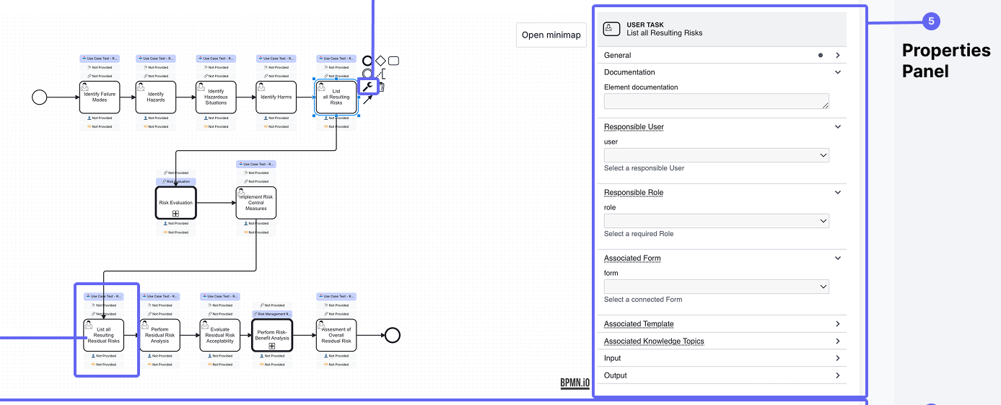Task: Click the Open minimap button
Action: [x=551, y=35]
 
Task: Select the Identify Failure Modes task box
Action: [x=100, y=97]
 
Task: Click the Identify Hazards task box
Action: [x=156, y=97]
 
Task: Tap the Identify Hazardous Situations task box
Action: [x=216, y=97]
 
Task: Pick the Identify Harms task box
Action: [x=276, y=97]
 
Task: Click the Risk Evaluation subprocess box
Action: [x=175, y=203]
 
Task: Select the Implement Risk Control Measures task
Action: [x=255, y=203]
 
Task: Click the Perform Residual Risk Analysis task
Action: [x=159, y=335]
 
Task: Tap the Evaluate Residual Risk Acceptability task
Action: [x=220, y=335]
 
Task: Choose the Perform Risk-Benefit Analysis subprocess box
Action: [x=272, y=335]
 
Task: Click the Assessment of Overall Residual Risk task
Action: [x=336, y=335]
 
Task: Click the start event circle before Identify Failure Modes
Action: [x=40, y=97]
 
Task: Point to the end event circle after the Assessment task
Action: [x=392, y=335]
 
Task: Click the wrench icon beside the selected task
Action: [x=368, y=87]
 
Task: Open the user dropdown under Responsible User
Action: [x=716, y=155]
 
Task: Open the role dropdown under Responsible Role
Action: [x=716, y=221]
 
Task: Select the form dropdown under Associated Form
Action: [x=716, y=287]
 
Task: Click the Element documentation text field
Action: [x=716, y=102]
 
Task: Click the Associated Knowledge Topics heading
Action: [x=654, y=341]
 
